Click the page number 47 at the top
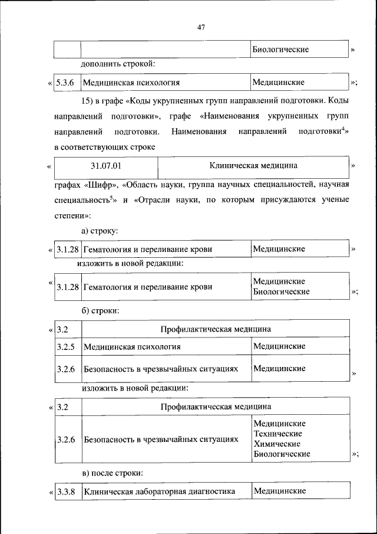(201, 27)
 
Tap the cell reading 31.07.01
(106, 166)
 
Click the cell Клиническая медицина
(254, 166)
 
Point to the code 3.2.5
(65, 346)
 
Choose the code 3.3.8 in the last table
(65, 491)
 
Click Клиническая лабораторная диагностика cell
(160, 491)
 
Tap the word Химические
(277, 444)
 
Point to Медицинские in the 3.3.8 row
(279, 491)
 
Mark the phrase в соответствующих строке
(104, 146)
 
